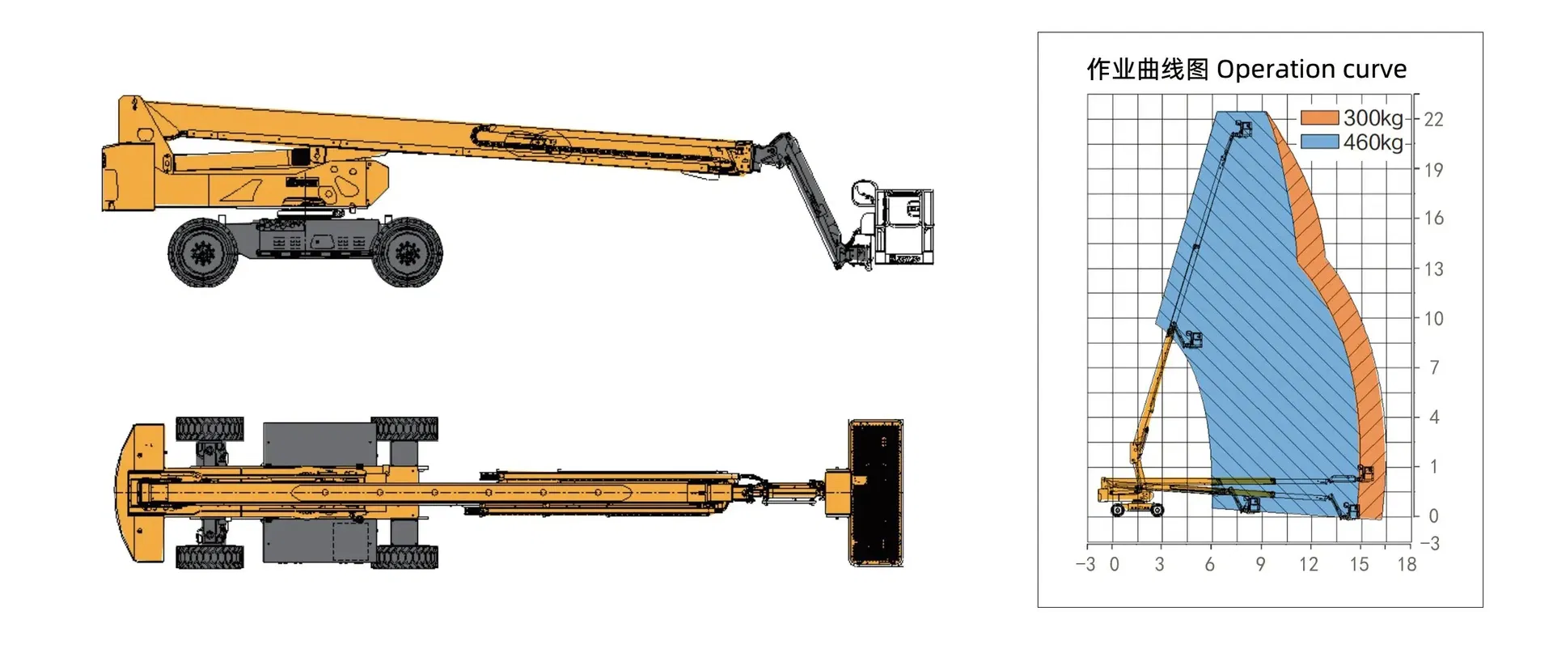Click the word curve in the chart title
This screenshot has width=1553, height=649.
1374,70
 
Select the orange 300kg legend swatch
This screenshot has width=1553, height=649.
1319,118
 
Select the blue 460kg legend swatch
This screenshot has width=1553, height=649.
1319,142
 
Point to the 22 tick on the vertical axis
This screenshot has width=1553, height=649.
1433,120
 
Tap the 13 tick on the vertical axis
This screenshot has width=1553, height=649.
1433,269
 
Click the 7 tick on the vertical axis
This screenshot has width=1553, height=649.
1434,367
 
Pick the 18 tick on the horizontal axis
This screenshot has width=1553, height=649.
1407,565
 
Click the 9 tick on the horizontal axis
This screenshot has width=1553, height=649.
1260,565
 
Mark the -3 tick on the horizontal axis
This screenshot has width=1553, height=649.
1085,565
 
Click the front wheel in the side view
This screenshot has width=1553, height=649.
407,252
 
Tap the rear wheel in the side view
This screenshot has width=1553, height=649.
203,252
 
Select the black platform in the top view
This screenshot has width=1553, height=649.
876,493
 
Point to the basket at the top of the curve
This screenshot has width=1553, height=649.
1242,129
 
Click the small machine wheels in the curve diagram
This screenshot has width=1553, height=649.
1136,510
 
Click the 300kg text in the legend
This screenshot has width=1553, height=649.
1373,118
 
